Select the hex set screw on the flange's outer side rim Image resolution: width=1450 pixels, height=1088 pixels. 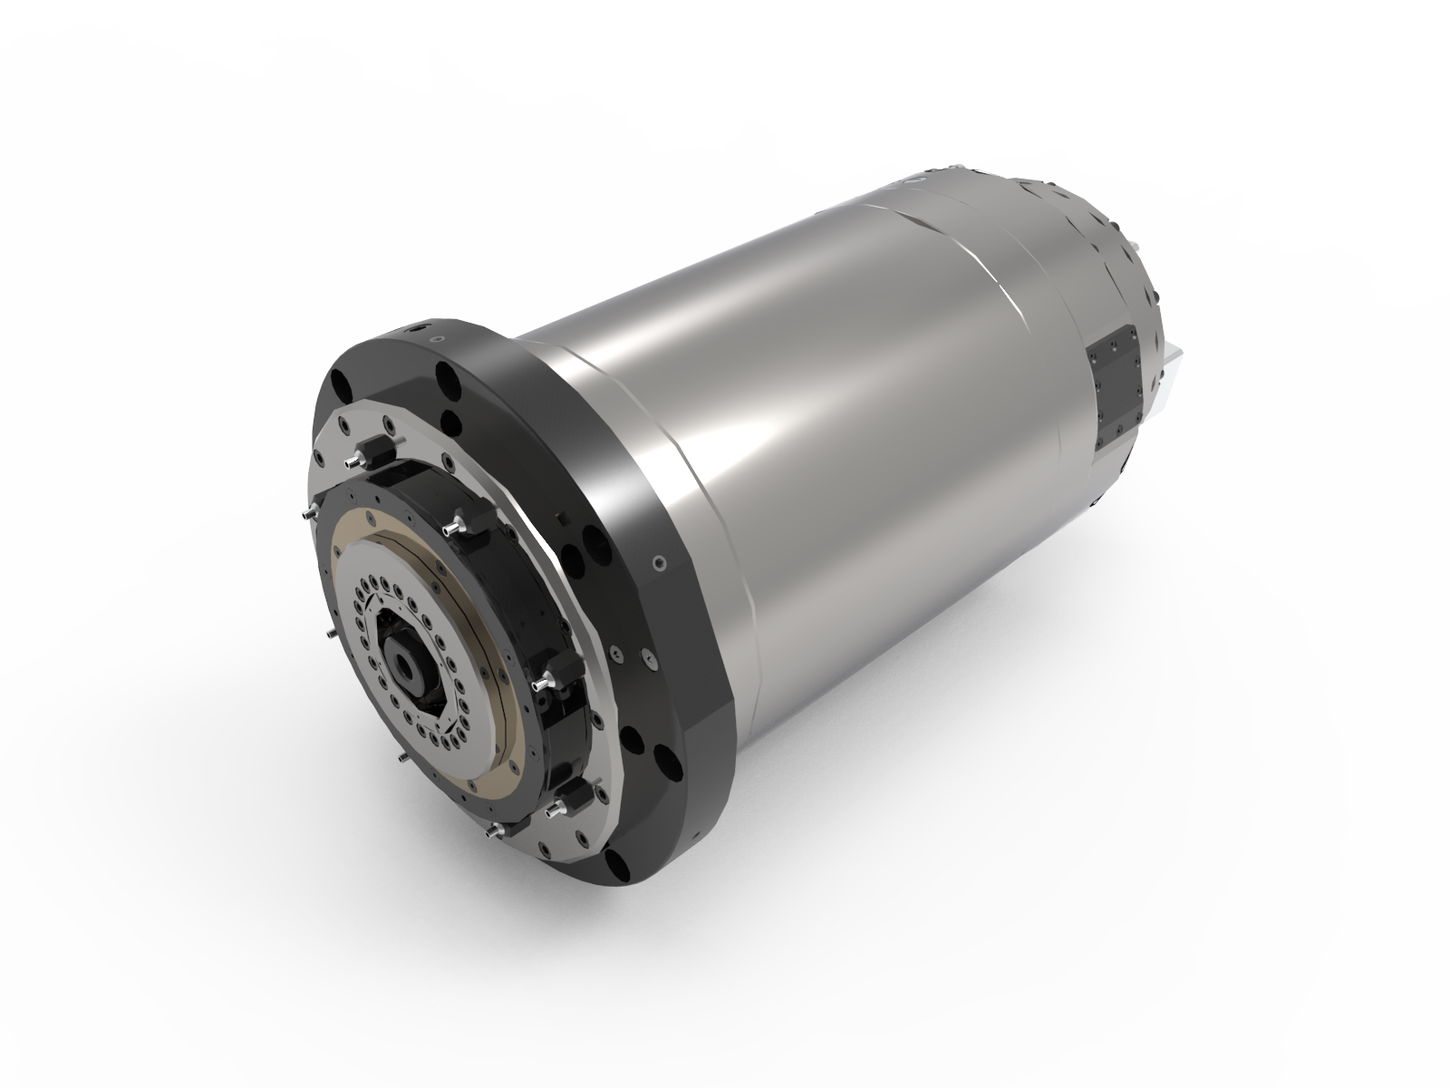[659, 563]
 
